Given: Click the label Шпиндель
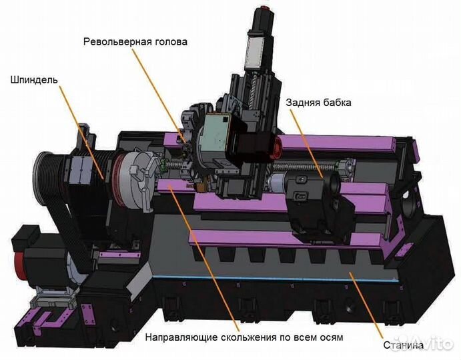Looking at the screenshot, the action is [x=34, y=80].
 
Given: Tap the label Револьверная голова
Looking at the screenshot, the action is [x=135, y=42].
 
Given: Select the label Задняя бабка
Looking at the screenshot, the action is [x=318, y=103].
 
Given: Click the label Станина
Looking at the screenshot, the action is [x=404, y=345].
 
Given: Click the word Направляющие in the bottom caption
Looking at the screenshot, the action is [x=181, y=337].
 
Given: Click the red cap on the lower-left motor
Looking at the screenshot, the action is [x=19, y=267].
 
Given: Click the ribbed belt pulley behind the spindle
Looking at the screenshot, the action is [x=47, y=179].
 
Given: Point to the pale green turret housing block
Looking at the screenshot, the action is [x=215, y=135].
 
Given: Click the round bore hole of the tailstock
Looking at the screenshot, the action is [x=335, y=183].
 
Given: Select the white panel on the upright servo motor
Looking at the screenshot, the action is [x=255, y=49].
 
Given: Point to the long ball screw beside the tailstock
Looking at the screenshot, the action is [x=306, y=167].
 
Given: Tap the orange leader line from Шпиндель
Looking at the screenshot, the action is [x=81, y=132].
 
